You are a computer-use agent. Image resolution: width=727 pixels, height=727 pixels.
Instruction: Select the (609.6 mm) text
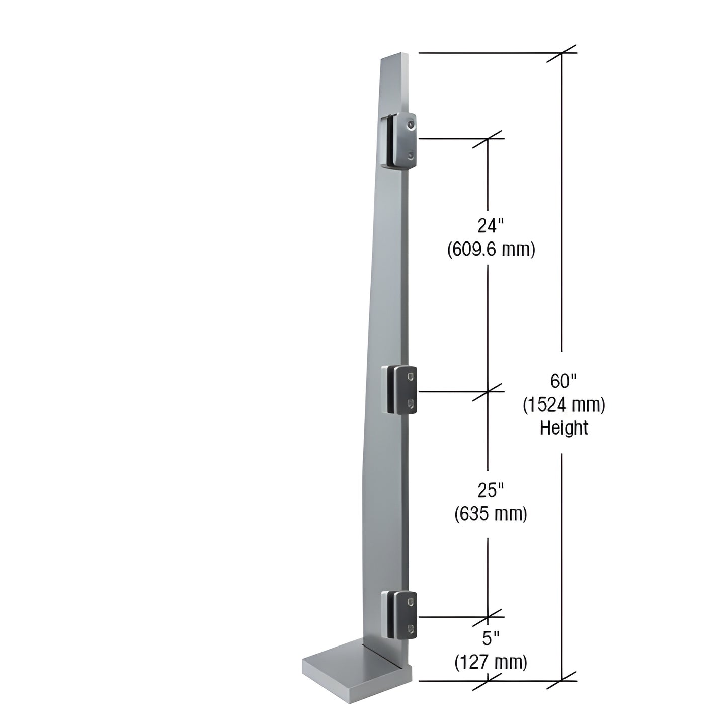[491, 249]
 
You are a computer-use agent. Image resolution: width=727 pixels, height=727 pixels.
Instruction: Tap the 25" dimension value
[491, 490]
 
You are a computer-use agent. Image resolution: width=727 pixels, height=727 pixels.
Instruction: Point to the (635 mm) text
[491, 514]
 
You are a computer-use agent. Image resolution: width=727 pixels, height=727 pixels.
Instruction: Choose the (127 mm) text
[491, 662]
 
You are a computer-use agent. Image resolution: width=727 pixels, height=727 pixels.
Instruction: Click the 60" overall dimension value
[562, 381]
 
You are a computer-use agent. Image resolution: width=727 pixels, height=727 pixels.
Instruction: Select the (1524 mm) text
[563, 405]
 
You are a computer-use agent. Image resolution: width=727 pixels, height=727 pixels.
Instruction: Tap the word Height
[563, 428]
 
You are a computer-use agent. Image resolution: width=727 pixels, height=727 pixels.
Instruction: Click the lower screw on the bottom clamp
[412, 628]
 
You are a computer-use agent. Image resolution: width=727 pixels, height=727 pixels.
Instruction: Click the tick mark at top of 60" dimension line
[561, 53]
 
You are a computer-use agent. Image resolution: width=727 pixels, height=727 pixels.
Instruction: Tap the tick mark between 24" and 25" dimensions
[488, 391]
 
